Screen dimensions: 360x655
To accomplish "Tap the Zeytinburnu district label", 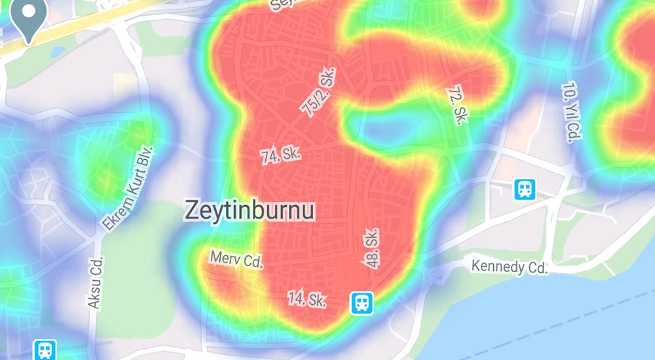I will pyautogui.click(x=250, y=210).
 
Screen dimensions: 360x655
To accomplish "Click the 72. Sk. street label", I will pyautogui.click(x=455, y=105).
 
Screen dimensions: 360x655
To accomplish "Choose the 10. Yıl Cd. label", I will pyautogui.click(x=571, y=112).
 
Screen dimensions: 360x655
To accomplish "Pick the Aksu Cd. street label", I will pyautogui.click(x=96, y=282).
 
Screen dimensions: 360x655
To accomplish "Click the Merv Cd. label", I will pyautogui.click(x=236, y=259).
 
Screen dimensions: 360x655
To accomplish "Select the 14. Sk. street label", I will pyautogui.click(x=307, y=299).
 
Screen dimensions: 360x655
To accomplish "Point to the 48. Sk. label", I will pyautogui.click(x=372, y=247).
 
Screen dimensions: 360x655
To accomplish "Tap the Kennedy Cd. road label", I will pyautogui.click(x=509, y=266).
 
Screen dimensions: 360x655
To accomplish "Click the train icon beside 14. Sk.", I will pyautogui.click(x=361, y=302).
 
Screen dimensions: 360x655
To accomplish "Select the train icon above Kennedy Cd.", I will pyautogui.click(x=525, y=189).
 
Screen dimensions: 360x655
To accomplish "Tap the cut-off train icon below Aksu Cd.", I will pyautogui.click(x=45, y=350).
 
